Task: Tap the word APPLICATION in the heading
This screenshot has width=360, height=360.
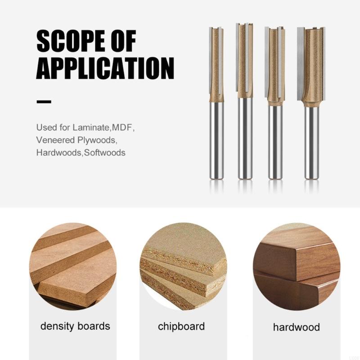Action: (x=105, y=68)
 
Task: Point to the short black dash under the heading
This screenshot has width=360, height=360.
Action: (x=44, y=102)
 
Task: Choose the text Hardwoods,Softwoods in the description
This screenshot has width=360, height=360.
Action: (x=81, y=153)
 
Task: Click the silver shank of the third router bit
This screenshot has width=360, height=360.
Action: (x=275, y=142)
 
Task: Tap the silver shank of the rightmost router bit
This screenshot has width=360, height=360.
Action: (x=311, y=142)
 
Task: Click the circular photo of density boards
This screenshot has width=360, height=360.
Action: (x=73, y=266)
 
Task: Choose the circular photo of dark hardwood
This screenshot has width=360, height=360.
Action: (x=296, y=266)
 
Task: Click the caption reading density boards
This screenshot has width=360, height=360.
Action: (x=75, y=326)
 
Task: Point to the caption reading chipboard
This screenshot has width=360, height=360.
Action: (x=181, y=326)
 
